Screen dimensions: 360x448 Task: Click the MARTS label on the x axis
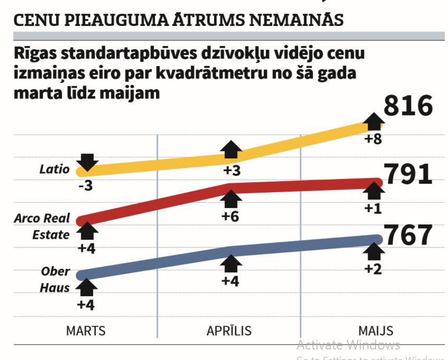pos(86,331)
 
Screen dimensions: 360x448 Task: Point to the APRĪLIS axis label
pos(229,331)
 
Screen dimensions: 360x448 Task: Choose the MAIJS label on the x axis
pos(376,331)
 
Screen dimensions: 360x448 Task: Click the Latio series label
pos(54,169)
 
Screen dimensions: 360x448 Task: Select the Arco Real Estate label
pos(42,226)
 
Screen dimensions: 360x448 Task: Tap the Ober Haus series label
pos(55,279)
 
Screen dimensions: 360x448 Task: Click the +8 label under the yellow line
pos(374,140)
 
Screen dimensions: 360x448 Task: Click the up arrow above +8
pos(374,121)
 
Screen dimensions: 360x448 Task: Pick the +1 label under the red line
pos(374,208)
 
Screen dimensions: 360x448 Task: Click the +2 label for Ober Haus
pos(374,268)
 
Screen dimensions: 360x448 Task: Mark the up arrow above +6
pos(230,199)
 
